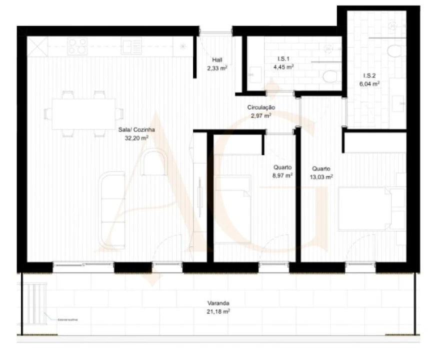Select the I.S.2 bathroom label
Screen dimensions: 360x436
[x=369, y=76]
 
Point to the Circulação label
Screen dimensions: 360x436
[x=261, y=107]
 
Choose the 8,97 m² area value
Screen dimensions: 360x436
[x=282, y=175]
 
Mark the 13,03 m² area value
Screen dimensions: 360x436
[x=322, y=176]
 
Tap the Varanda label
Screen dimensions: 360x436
[x=219, y=303]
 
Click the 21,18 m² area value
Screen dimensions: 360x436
[x=219, y=311]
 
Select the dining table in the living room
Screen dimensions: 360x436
[x=83, y=113]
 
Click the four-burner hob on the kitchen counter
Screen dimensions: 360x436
[x=77, y=46]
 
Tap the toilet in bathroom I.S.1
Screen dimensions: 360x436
[x=330, y=76]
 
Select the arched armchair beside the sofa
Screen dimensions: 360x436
[x=154, y=164]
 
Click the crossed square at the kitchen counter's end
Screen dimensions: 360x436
[x=37, y=46]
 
